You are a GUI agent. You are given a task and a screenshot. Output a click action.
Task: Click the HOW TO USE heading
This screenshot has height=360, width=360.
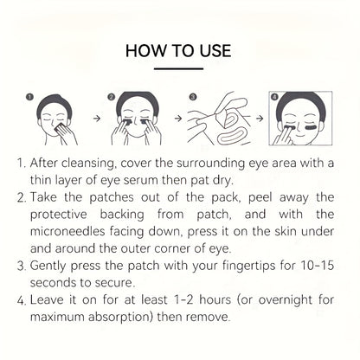179,51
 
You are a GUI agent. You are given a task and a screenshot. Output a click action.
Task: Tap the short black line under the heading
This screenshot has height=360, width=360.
179,70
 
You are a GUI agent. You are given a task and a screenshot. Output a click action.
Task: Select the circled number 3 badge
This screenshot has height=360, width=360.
193,98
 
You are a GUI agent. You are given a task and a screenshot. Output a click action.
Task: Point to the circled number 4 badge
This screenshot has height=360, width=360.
276,98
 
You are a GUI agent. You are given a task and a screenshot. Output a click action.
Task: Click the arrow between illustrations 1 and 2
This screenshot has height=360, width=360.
95,122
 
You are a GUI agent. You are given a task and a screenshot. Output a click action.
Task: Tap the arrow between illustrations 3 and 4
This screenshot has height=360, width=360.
259,122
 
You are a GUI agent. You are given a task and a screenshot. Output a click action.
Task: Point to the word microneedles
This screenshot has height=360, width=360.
78,240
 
